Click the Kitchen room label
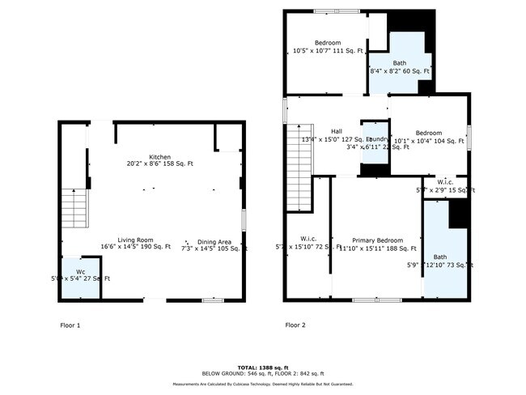tap(159, 156)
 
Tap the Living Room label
tap(136, 239)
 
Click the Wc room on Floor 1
tap(81, 275)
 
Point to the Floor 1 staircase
tap(74, 210)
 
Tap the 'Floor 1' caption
tap(70, 325)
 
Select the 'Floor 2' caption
tap(295, 325)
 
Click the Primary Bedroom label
tap(377, 240)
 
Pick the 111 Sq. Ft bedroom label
tap(328, 43)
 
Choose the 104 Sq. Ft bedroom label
tap(429, 133)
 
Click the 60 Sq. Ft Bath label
tap(400, 63)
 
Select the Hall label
tap(336, 131)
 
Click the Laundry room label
tap(375, 139)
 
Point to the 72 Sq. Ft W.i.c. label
tap(308, 239)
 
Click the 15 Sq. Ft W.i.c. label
tap(444, 181)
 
